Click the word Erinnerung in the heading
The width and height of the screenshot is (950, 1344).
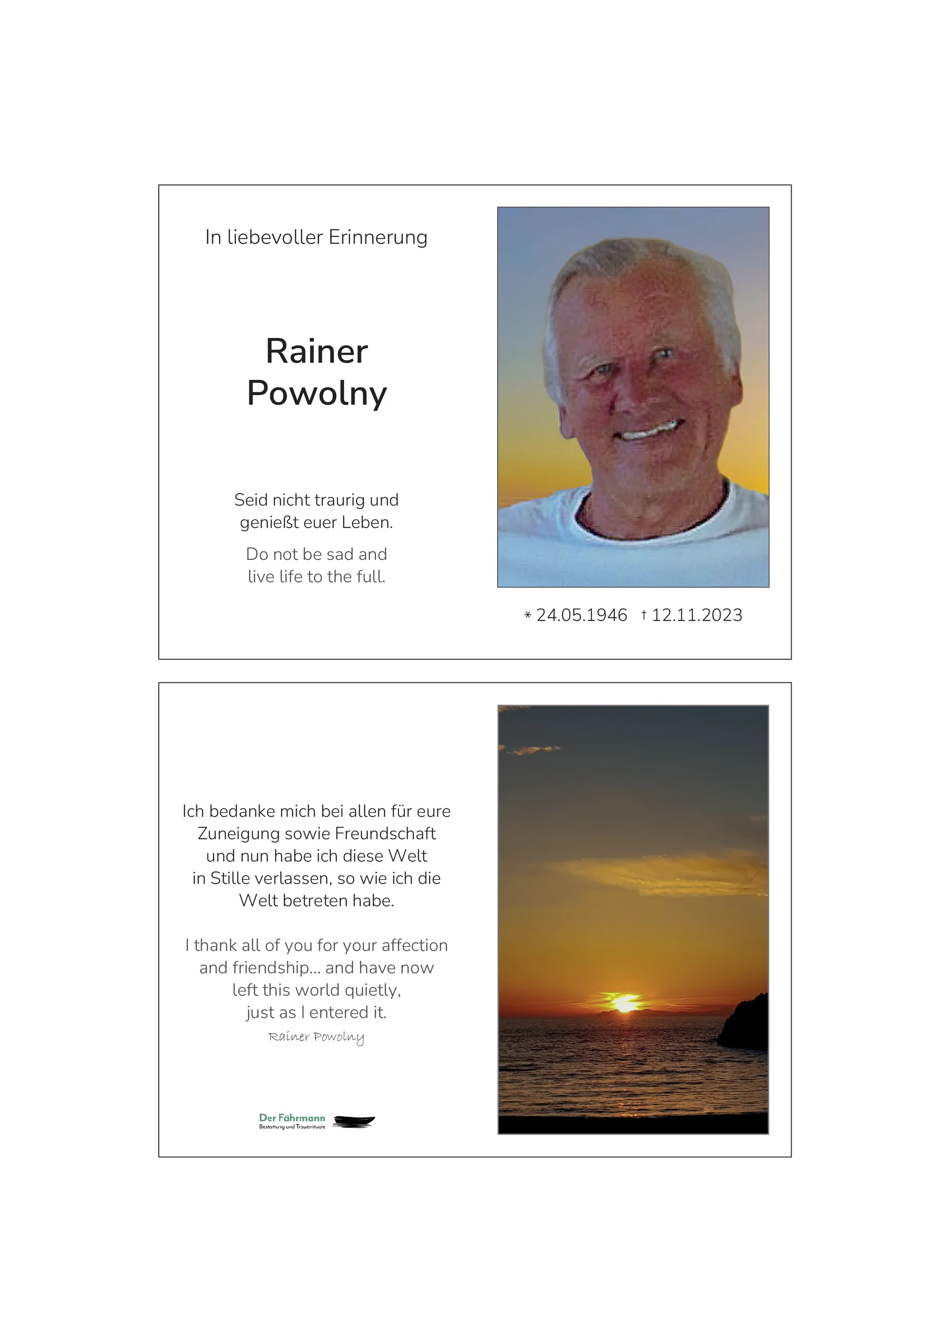pos(377,237)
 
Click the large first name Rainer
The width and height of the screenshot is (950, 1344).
pos(317,351)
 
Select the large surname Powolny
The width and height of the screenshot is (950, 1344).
pos(317,393)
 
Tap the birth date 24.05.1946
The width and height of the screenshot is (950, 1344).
pos(581,615)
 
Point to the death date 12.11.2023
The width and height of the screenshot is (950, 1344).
pos(697,615)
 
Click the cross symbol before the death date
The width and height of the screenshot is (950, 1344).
pos(644,615)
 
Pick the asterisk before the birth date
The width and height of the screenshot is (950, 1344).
pos(527,616)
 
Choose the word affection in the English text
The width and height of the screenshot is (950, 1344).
pos(414,946)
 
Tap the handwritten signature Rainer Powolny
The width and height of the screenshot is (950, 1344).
pos(316,1037)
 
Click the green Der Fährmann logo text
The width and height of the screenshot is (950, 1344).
pos(291,1118)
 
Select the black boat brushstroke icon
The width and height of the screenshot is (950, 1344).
pos(354,1121)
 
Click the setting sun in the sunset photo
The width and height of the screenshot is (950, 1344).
pos(624,1003)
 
